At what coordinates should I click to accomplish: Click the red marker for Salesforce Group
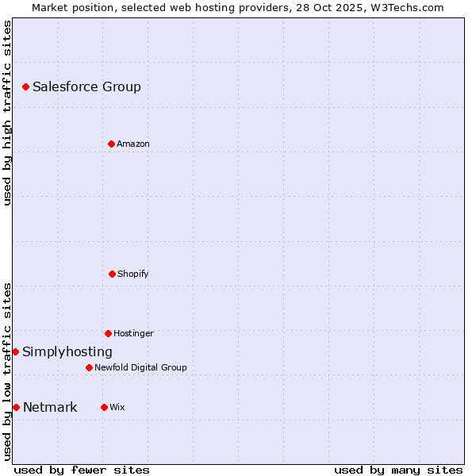coord(25,86)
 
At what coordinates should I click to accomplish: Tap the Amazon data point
coord(111,144)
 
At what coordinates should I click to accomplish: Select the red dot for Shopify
coord(112,274)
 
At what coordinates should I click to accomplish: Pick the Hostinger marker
coord(108,333)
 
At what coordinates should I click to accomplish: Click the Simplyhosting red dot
coord(15,351)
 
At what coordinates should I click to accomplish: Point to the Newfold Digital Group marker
coord(89,367)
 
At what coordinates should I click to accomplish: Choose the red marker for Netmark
coord(16,407)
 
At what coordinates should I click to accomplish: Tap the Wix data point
coord(104,407)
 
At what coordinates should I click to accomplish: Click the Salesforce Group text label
coord(86,87)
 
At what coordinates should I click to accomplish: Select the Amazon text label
coord(133,144)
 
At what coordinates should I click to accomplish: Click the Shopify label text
coord(133,274)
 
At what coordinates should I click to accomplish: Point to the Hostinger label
coord(133,334)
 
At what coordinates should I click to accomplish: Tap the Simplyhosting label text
coord(67,352)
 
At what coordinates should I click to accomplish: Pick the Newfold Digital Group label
coord(140,368)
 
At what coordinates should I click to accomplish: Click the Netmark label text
coord(50,408)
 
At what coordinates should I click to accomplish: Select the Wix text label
coord(117,408)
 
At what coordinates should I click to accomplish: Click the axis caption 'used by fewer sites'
coord(82,470)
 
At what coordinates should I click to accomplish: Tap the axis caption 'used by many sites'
coord(398,470)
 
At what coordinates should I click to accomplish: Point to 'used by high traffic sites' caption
coord(7,113)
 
